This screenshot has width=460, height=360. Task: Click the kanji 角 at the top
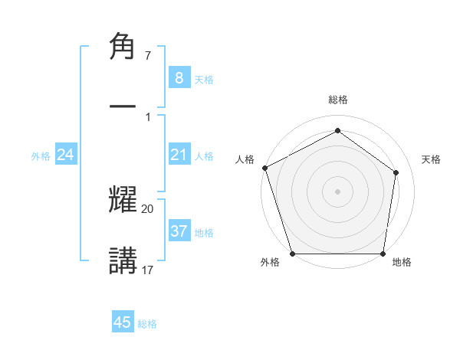tap(123, 47)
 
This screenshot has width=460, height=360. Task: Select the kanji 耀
tap(123, 200)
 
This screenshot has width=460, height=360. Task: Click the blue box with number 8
tap(179, 77)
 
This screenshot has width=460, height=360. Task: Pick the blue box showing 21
tap(179, 155)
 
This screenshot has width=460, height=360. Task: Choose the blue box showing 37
tap(179, 231)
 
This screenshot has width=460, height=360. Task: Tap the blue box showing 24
tap(66, 155)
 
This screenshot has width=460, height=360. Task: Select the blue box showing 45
tap(123, 322)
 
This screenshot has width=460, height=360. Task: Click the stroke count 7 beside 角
tap(148, 57)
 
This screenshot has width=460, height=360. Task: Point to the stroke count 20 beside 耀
tap(148, 209)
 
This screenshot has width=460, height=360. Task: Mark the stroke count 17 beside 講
tap(148, 270)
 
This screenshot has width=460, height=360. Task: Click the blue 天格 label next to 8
tap(204, 79)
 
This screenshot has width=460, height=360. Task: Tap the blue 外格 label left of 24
tap(41, 156)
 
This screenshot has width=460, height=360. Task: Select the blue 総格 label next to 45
tap(148, 324)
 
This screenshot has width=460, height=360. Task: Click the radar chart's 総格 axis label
tap(337, 100)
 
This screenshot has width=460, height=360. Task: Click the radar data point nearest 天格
tap(396, 172)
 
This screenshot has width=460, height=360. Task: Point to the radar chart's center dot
tap(337, 191)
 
